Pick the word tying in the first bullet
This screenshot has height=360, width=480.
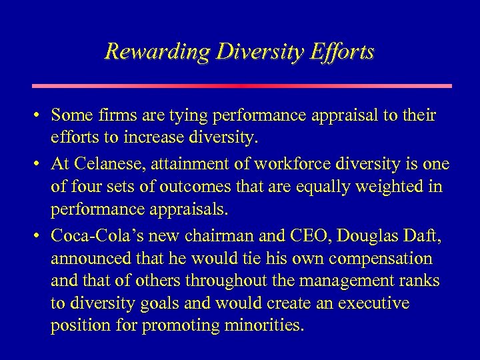pos(173,116)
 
